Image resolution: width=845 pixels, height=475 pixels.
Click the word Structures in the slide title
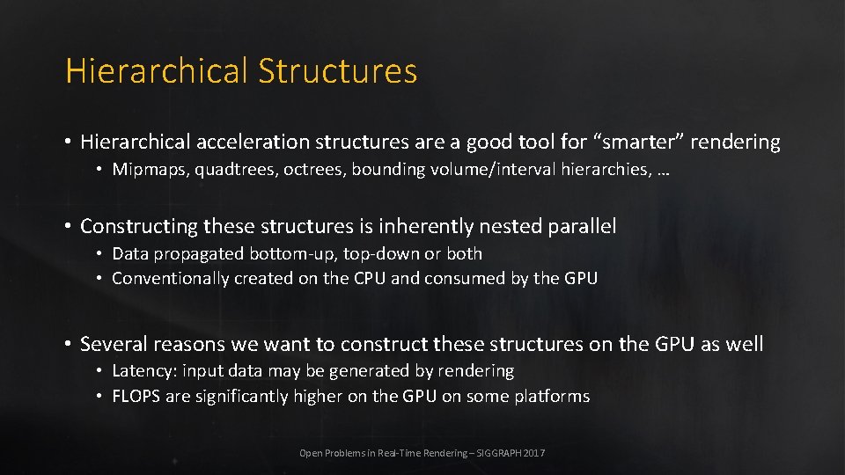337,71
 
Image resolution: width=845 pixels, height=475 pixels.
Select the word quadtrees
231,170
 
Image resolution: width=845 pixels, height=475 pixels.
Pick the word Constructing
139,227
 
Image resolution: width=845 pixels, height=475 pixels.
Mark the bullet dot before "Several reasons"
67,344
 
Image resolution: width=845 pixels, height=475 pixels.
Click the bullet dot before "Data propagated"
100,253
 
